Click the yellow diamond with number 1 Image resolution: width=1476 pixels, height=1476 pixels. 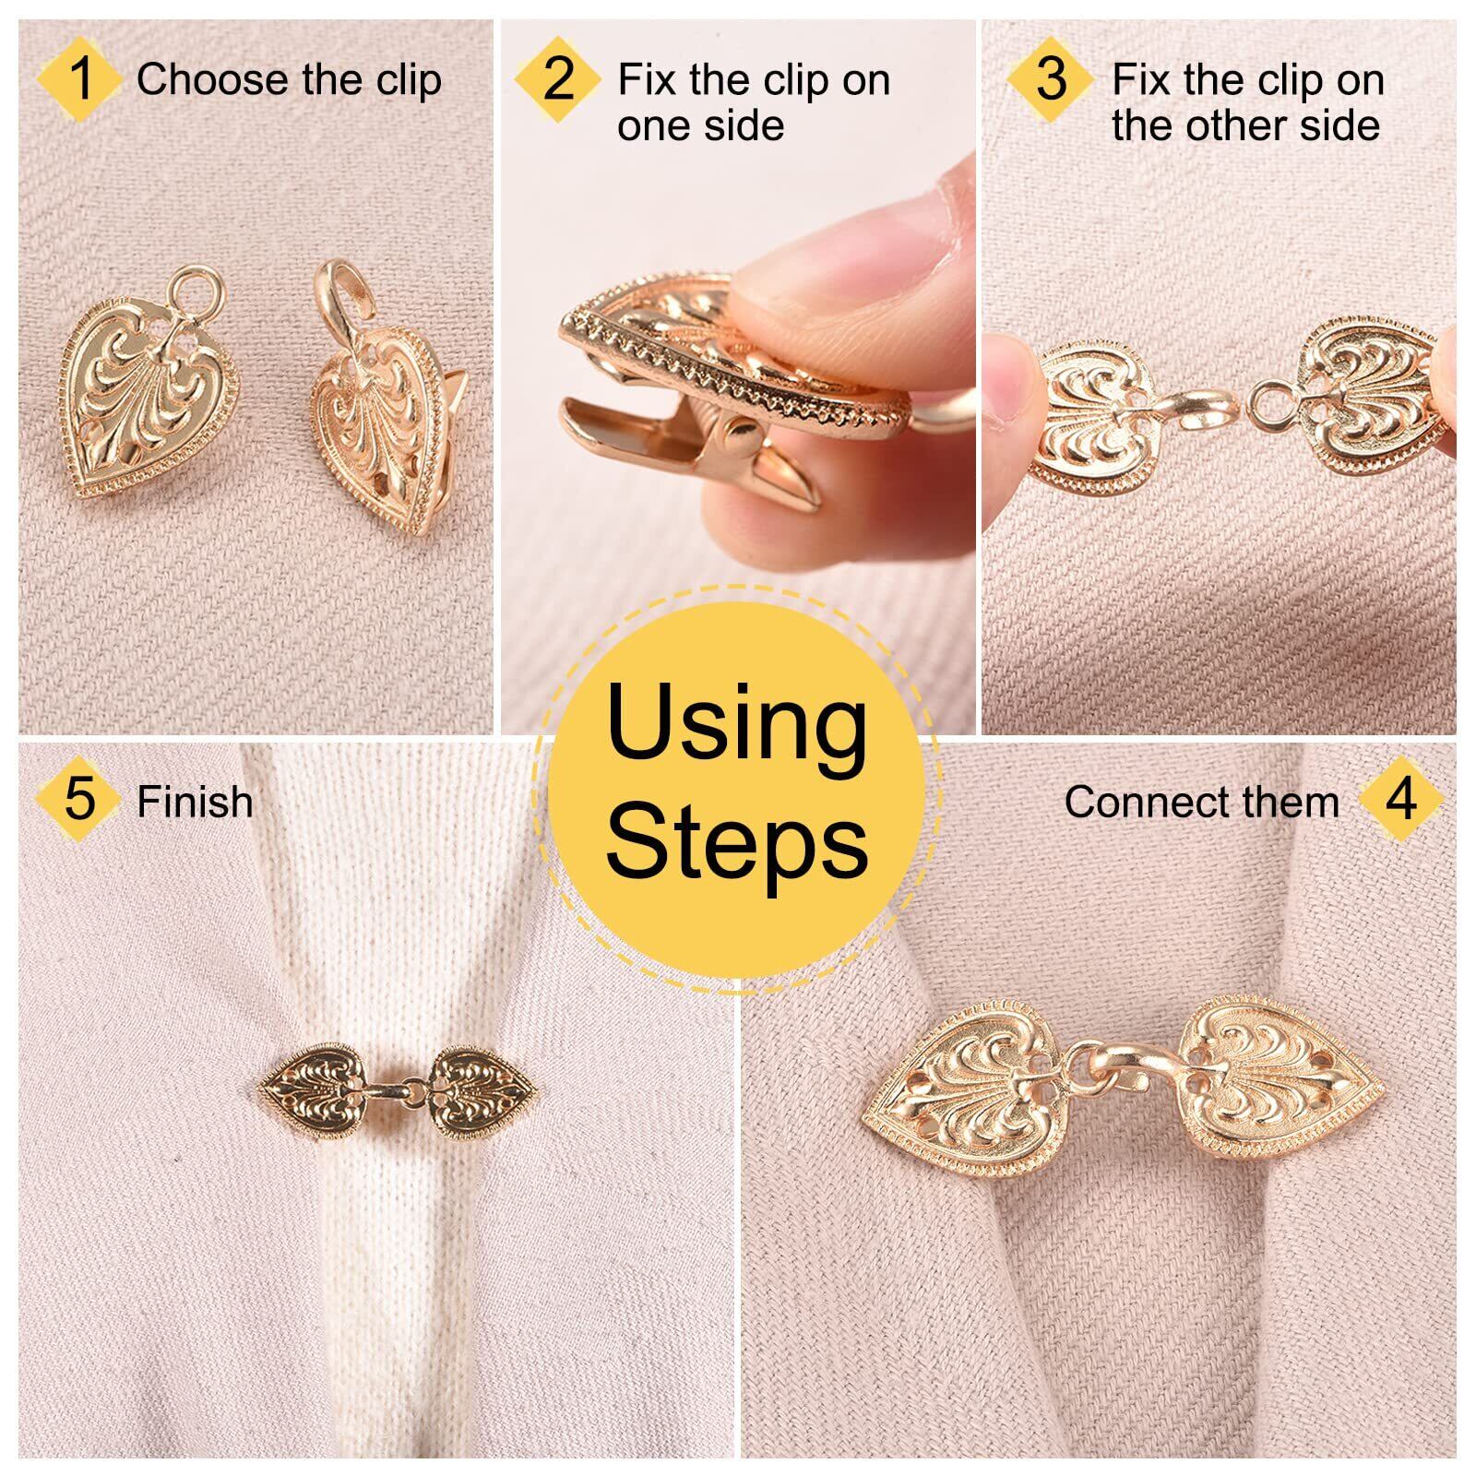pos(80,78)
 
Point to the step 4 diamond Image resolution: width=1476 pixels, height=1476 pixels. pos(1400,799)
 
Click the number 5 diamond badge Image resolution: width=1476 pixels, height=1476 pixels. pos(79,799)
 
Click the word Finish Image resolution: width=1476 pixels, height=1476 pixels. pos(195,802)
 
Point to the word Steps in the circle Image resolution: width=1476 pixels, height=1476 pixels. pos(737,841)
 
